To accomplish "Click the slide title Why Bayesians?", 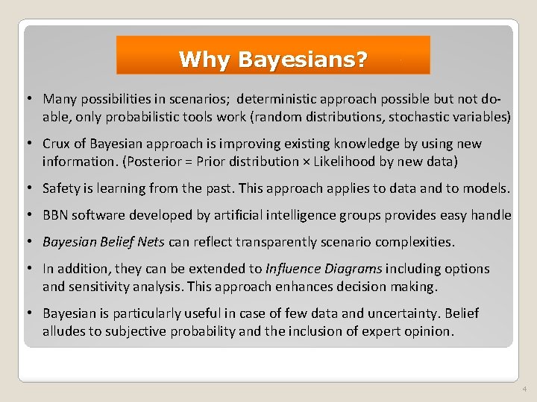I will pos(273,59).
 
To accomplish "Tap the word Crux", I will pos(57,144).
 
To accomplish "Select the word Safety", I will pos(62,188).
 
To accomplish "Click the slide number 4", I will pos(524,389).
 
